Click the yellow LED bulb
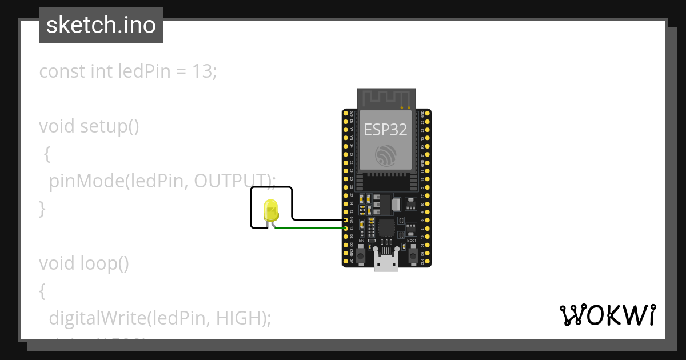(x=270, y=210)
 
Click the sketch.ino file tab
(x=101, y=25)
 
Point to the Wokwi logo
(x=607, y=315)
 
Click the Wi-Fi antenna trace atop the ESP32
(x=386, y=97)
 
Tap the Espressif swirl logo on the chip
(x=386, y=155)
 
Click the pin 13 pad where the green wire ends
(x=346, y=228)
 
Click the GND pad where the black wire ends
(x=346, y=219)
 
